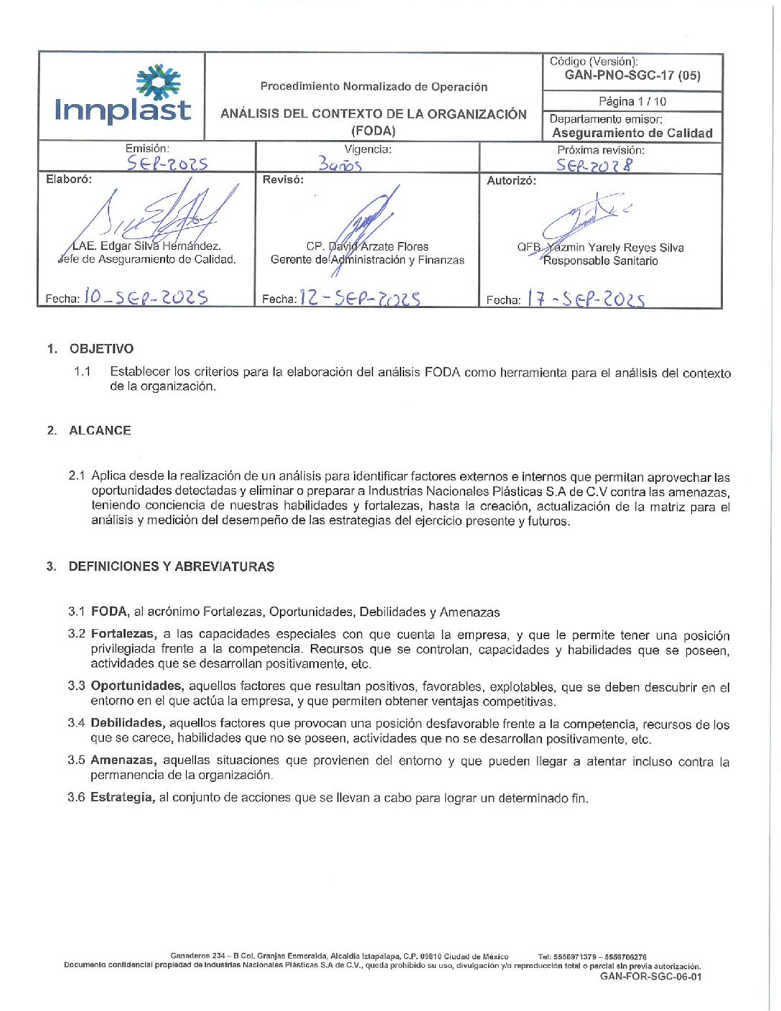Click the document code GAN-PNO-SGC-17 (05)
[x=632, y=75]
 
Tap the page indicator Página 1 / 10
[x=632, y=101]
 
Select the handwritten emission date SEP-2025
[x=167, y=164]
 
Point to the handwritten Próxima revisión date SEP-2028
[x=594, y=165]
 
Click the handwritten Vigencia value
[x=340, y=165]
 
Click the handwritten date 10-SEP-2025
[x=146, y=297]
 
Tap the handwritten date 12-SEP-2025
[x=360, y=298]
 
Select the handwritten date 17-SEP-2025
[x=586, y=299]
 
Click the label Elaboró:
[x=69, y=180]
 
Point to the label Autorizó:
[x=511, y=181]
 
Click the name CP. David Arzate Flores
[x=368, y=246]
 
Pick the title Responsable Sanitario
[x=600, y=261]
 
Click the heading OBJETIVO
[x=101, y=349]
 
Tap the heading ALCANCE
[x=100, y=431]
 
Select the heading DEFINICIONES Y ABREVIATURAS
[x=171, y=567]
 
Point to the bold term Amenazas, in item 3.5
[x=123, y=760]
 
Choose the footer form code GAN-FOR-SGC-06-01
[x=650, y=977]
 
